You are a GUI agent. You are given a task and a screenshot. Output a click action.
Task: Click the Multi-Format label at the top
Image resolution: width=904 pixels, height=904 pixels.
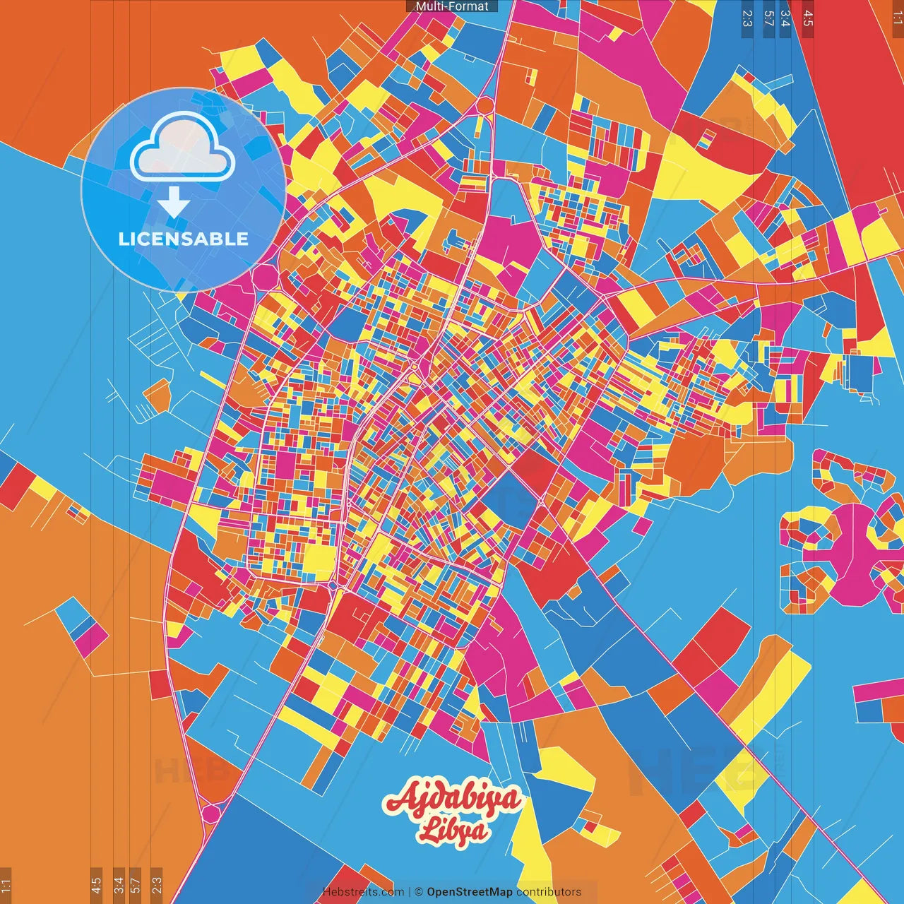(x=452, y=6)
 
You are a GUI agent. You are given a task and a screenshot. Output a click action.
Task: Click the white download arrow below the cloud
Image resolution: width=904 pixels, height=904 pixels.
(x=174, y=203)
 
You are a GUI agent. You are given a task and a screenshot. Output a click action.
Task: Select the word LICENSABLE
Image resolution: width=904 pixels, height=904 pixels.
(x=184, y=239)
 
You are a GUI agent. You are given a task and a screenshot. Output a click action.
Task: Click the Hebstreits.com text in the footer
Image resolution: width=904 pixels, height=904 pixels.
(x=363, y=892)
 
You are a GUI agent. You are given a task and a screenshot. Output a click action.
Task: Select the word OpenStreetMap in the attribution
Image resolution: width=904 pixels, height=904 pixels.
(x=470, y=892)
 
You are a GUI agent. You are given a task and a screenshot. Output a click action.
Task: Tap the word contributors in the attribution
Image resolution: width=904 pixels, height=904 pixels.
(x=549, y=892)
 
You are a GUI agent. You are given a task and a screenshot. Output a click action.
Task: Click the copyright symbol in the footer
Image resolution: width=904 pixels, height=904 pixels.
(x=418, y=892)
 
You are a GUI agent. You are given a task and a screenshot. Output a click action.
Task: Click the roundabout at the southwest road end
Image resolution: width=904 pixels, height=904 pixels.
(x=210, y=814)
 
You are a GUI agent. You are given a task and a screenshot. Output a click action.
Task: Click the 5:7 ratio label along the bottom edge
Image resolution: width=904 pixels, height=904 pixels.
(x=136, y=884)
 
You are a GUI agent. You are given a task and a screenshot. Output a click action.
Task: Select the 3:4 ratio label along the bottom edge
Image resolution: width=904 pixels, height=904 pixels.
(x=119, y=884)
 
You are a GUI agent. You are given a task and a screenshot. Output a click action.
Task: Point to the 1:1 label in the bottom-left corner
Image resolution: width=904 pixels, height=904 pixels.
(x=6, y=886)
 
